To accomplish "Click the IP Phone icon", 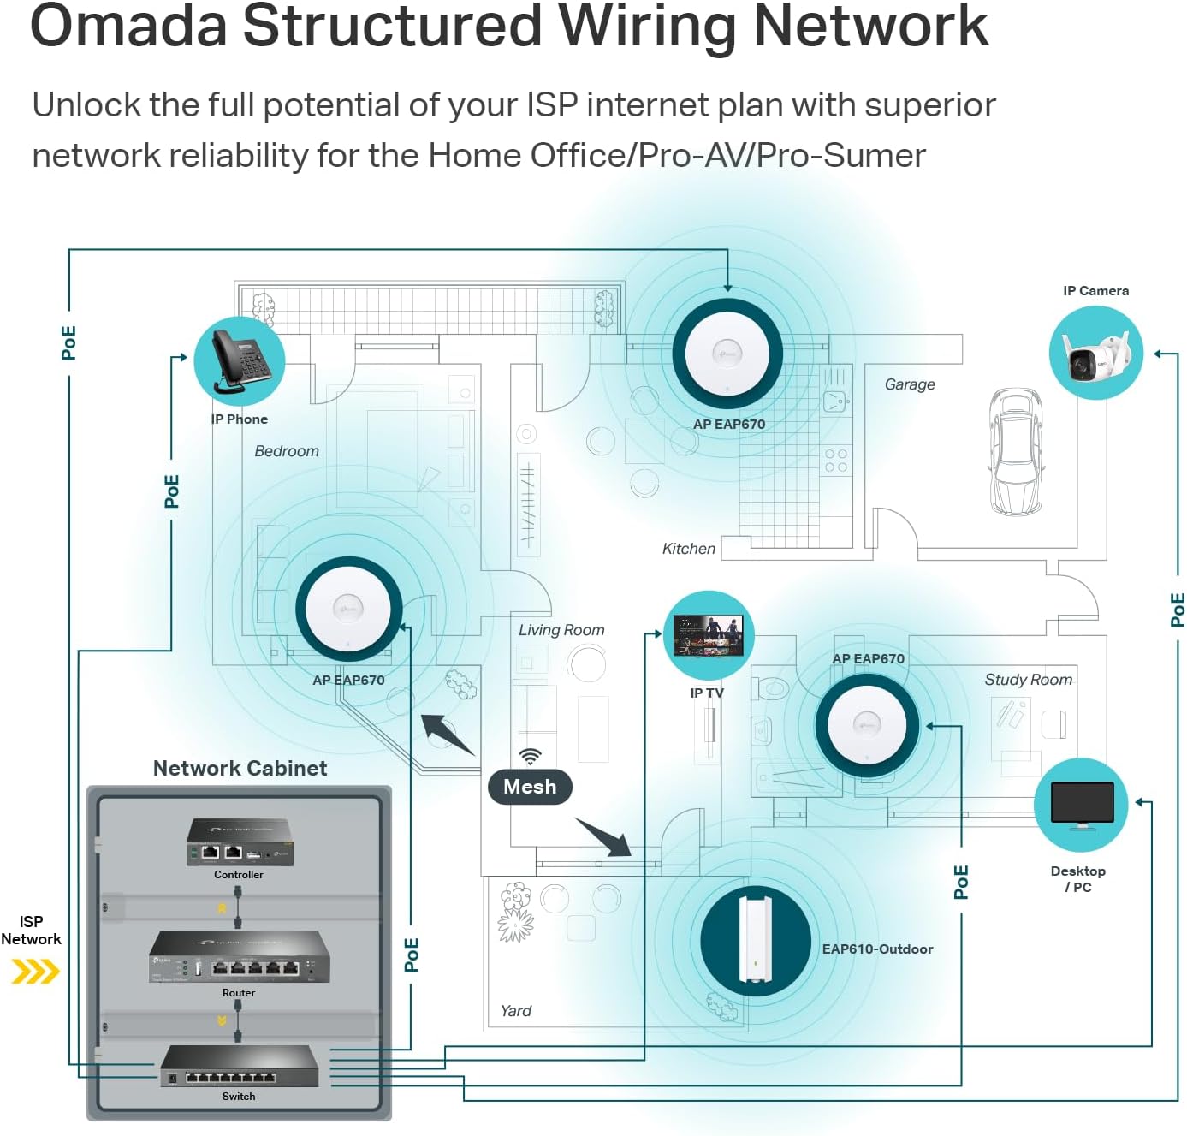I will click(240, 361).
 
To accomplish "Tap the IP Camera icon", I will click(1095, 354).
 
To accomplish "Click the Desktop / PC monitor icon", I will click(1081, 805).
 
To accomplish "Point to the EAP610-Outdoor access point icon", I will click(755, 941).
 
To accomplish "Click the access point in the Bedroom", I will click(348, 609).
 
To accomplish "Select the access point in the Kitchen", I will click(727, 354).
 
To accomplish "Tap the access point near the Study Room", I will click(867, 724).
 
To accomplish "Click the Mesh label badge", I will click(530, 787).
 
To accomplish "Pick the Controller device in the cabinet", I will click(240, 842).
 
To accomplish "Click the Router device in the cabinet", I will click(239, 958).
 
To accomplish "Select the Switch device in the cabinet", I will click(239, 1067).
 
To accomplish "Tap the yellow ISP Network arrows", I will click(35, 972).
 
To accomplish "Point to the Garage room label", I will click(910, 384).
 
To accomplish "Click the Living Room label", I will click(561, 630).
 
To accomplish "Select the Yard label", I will click(516, 1011).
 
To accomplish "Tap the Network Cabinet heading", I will click(240, 768).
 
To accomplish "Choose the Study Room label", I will click(1028, 680).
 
